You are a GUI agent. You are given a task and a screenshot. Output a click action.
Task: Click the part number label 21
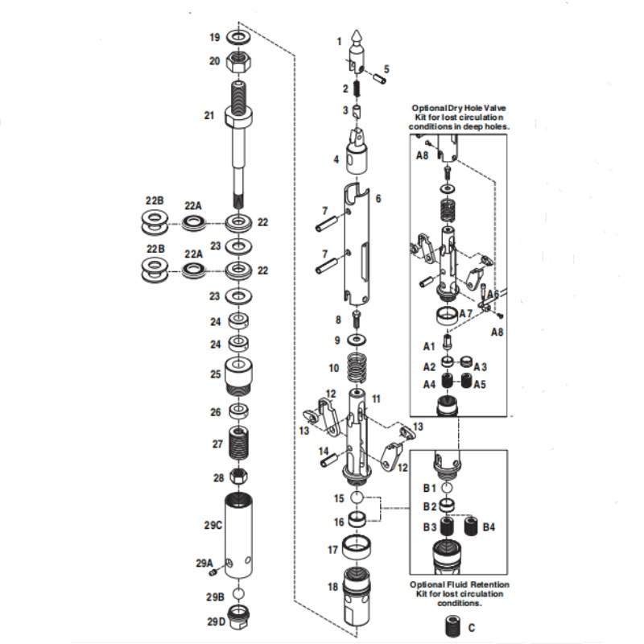pyautogui.click(x=209, y=115)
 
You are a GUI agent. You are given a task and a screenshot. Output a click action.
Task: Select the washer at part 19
pyautogui.click(x=239, y=38)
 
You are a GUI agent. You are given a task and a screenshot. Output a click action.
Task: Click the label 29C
pyautogui.click(x=213, y=525)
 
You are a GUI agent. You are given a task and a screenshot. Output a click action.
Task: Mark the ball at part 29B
pyautogui.click(x=239, y=594)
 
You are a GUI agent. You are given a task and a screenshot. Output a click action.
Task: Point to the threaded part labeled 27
pyautogui.click(x=239, y=444)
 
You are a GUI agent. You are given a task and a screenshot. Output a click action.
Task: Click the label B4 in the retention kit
pyautogui.click(x=489, y=528)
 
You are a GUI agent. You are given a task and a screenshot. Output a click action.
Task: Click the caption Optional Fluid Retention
pyautogui.click(x=460, y=584)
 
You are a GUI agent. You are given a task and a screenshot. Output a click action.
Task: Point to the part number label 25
pyautogui.click(x=215, y=374)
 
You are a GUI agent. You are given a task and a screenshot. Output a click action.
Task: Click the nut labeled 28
pyautogui.click(x=238, y=477)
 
